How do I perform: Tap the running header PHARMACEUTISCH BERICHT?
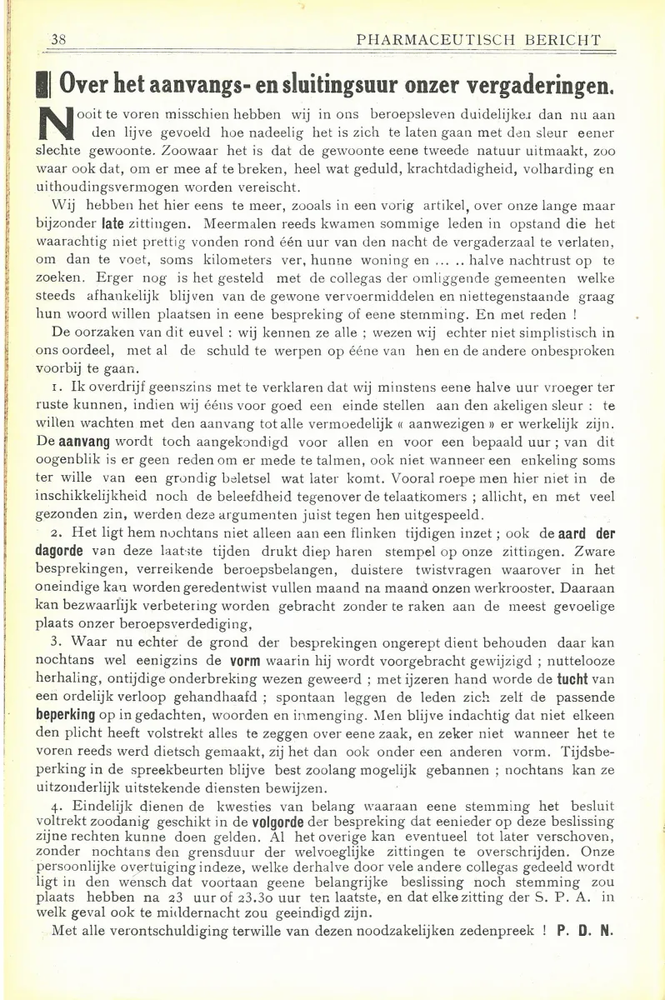[x=478, y=39]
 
